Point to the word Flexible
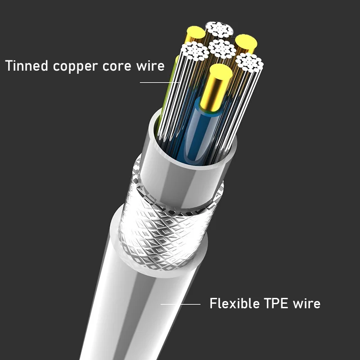tap(234, 303)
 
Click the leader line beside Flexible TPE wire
tap(180, 304)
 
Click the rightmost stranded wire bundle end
tap(249, 62)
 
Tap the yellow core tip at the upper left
tap(196, 32)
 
